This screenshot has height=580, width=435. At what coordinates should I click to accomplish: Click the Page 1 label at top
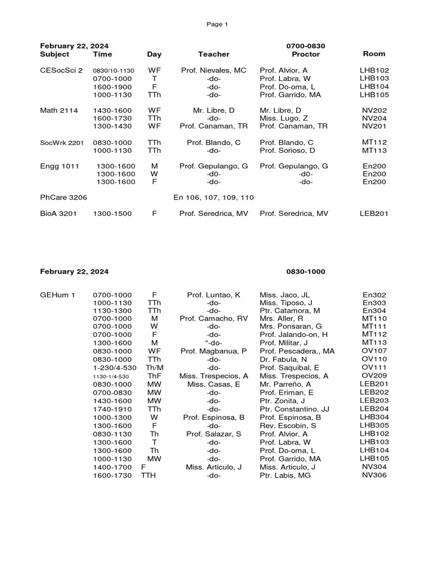click(217, 24)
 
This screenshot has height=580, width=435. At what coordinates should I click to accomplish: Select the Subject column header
click(54, 54)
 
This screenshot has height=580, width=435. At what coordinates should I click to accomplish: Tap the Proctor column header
click(305, 54)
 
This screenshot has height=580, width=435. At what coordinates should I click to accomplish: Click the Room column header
click(374, 54)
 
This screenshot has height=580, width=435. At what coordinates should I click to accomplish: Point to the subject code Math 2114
click(59, 110)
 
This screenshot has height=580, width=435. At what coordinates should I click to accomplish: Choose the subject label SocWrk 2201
click(62, 143)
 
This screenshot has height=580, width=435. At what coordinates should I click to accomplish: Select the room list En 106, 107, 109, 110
click(214, 197)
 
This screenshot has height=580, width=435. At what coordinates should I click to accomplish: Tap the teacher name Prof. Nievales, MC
click(214, 70)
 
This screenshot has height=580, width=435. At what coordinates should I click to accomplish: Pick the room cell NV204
click(374, 118)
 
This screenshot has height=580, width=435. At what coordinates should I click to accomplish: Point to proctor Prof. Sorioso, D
click(287, 151)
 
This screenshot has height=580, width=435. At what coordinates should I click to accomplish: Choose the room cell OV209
click(374, 376)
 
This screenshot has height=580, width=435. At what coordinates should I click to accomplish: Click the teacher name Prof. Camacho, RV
click(214, 318)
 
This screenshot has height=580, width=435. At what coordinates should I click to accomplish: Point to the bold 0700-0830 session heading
click(306, 46)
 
